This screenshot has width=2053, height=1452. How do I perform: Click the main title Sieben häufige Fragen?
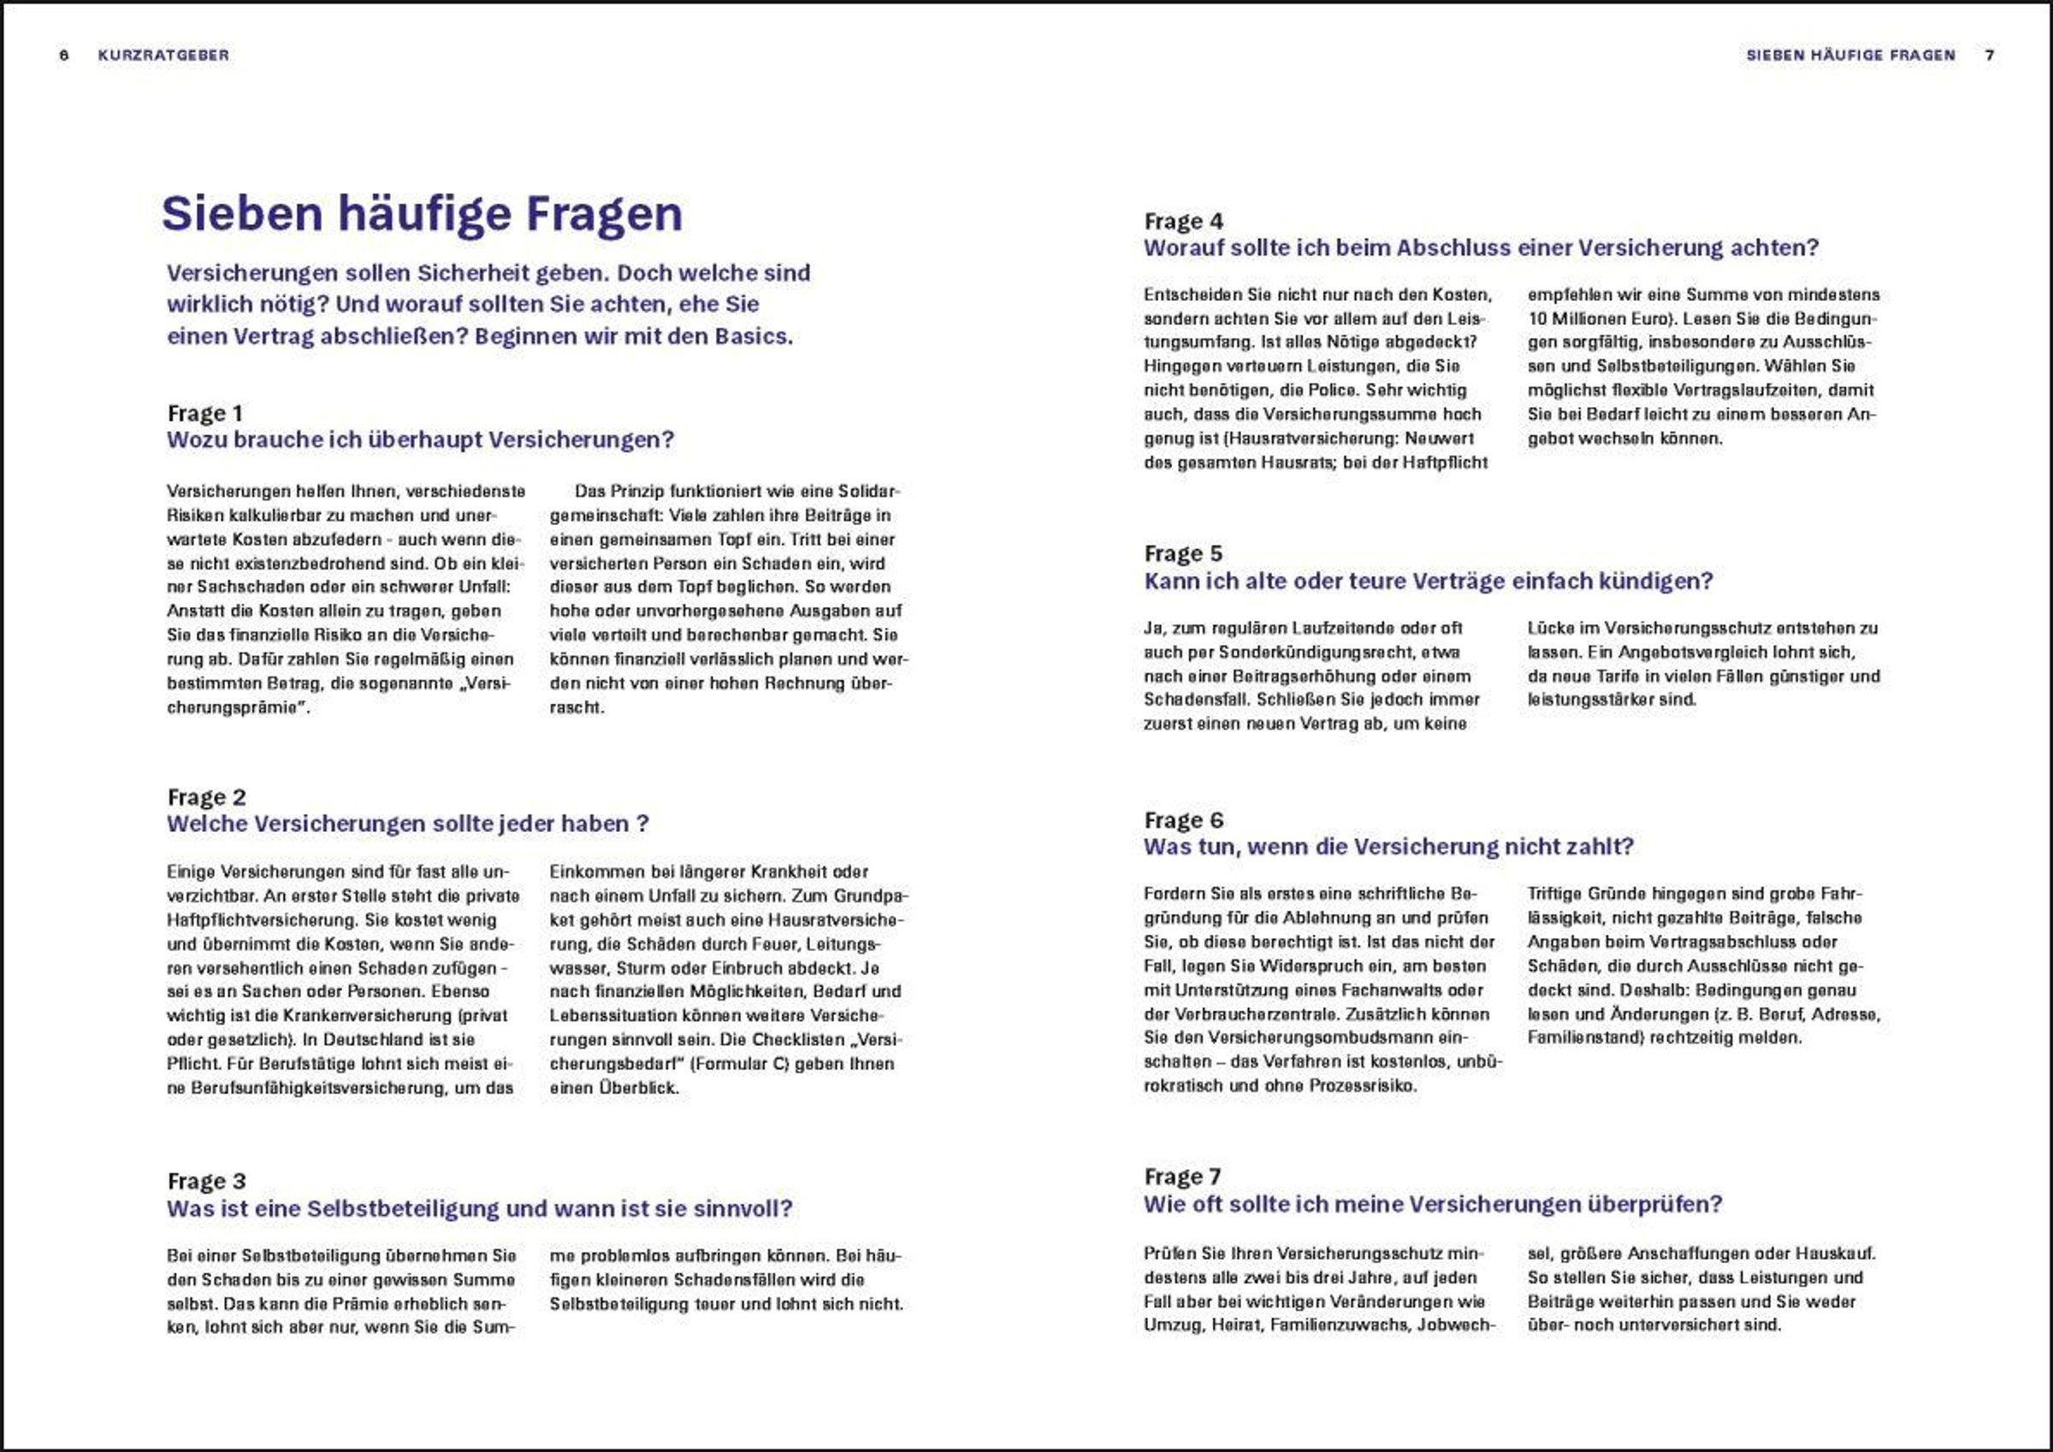421,214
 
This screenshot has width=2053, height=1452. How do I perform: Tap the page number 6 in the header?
63,56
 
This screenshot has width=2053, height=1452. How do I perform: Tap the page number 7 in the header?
1990,56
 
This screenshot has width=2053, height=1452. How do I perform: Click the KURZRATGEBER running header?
163,56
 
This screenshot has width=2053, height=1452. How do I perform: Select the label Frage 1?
204,413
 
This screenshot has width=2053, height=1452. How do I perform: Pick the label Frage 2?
205,797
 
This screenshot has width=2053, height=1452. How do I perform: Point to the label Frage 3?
205,1181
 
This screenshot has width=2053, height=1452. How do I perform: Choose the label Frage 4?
1183,221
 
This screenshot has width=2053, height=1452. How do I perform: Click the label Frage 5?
1182,553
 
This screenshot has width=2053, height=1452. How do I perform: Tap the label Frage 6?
1183,820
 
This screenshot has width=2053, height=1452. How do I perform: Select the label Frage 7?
1182,1177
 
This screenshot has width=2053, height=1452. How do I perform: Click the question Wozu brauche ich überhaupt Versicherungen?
420,440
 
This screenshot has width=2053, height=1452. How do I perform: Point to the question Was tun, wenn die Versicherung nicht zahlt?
1387,847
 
